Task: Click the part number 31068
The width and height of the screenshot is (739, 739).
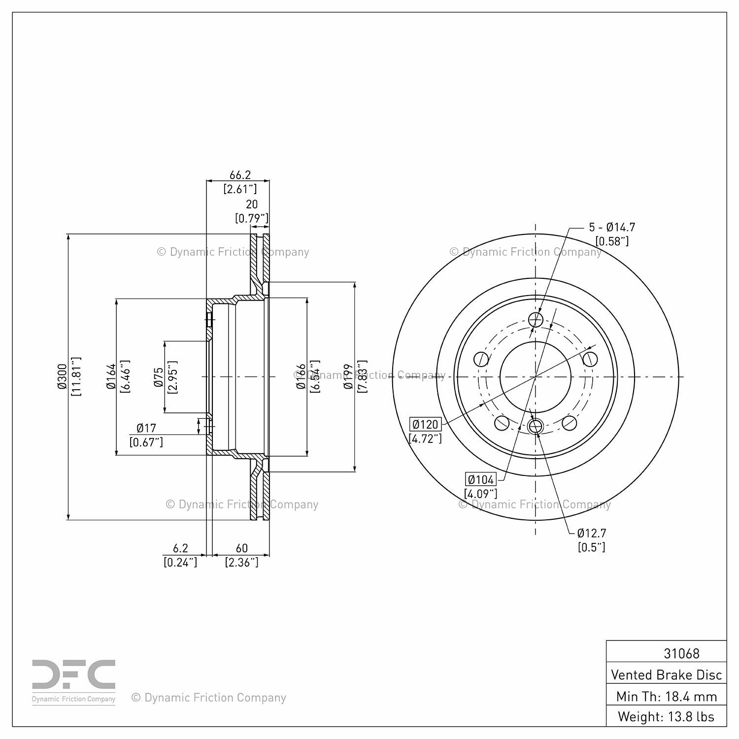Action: (x=681, y=653)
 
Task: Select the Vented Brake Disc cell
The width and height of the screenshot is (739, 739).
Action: (x=666, y=674)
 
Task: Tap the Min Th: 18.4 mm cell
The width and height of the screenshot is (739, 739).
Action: (x=666, y=696)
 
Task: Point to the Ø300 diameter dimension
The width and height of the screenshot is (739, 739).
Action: (x=62, y=377)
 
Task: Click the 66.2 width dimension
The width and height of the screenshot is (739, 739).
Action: (x=240, y=175)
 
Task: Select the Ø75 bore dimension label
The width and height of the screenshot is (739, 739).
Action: (x=159, y=377)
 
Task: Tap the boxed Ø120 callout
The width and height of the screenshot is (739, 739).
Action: (x=425, y=424)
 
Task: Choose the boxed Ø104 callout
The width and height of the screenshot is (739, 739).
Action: (x=481, y=479)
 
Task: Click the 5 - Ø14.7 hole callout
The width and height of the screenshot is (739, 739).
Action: (x=612, y=227)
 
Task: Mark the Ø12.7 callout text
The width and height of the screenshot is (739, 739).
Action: (x=592, y=533)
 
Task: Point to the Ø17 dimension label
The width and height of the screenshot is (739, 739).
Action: (x=146, y=428)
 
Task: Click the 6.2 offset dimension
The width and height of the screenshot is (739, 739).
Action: (x=180, y=548)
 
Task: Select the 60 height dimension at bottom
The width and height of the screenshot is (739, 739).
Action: (x=241, y=548)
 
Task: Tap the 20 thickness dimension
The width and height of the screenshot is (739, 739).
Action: (x=252, y=204)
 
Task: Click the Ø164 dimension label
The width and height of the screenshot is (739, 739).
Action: (x=111, y=377)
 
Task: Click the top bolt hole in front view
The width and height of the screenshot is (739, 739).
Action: (x=536, y=320)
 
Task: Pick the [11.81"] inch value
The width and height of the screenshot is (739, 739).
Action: (x=76, y=377)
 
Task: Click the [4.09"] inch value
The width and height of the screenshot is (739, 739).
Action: (x=480, y=493)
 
